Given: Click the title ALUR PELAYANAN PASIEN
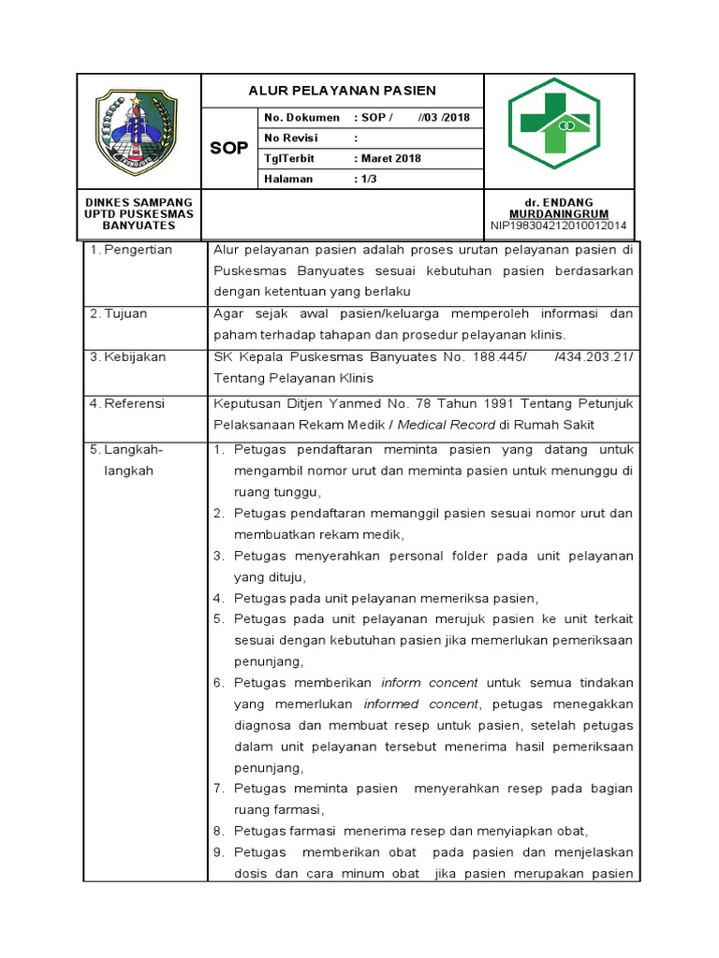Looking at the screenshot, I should pyautogui.click(x=342, y=91).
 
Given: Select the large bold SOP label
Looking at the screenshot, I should pyautogui.click(x=228, y=149).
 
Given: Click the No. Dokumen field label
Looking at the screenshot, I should pyautogui.click(x=301, y=117).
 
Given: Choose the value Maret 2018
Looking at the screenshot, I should pyautogui.click(x=390, y=158).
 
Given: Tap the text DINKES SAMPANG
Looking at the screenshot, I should pyautogui.click(x=139, y=202).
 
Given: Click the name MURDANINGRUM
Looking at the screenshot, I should pyautogui.click(x=559, y=214).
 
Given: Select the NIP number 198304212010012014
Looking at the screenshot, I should pyautogui.click(x=559, y=225).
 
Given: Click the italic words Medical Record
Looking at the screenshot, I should pyautogui.click(x=448, y=424).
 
